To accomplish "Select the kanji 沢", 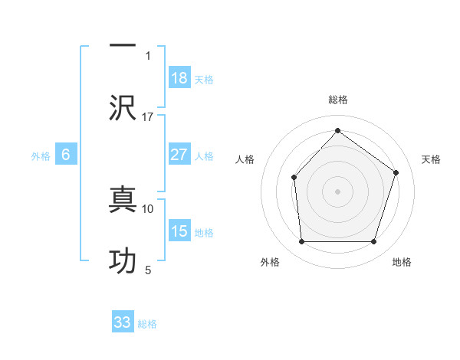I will [x=123, y=106].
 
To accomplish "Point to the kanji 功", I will [x=123, y=260].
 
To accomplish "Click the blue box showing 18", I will [x=179, y=78].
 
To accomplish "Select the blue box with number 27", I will [x=179, y=155].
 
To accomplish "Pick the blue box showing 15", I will [x=179, y=231].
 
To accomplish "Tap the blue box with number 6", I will [x=66, y=155].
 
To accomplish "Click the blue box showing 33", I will [x=123, y=322].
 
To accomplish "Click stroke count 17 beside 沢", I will [x=148, y=116].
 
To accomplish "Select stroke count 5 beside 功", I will [x=148, y=270].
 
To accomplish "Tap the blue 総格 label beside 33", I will [x=147, y=324].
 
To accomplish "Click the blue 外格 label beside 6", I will [x=41, y=156].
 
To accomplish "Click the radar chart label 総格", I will [x=338, y=100].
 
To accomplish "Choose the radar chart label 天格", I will [x=431, y=159].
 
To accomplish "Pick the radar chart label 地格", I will [x=402, y=262].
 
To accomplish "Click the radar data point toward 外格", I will [x=301, y=242].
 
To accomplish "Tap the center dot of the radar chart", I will [x=337, y=191].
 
